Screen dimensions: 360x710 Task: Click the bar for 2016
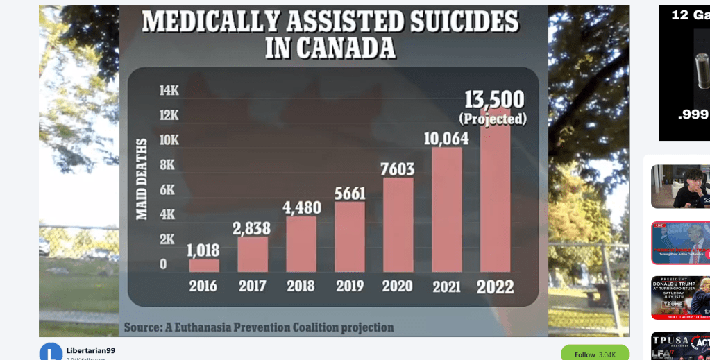[x=204, y=265]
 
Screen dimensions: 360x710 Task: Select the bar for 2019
[x=350, y=236]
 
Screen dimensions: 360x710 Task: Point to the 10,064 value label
[x=446, y=139]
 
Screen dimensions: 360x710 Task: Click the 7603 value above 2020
[x=398, y=169]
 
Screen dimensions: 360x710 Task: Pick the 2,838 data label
[x=253, y=228]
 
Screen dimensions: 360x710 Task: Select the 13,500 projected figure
[x=493, y=100]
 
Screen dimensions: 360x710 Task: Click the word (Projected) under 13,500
[x=493, y=119]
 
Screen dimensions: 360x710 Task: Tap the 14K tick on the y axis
[x=169, y=90]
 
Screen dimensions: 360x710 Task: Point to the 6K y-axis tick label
[x=169, y=190]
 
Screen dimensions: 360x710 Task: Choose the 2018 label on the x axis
[x=301, y=286]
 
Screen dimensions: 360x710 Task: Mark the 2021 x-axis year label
[x=446, y=286]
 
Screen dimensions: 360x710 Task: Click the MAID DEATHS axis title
[x=142, y=179]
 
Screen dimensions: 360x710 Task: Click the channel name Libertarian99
[x=90, y=350]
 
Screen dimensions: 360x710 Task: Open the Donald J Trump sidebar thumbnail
[x=680, y=298]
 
